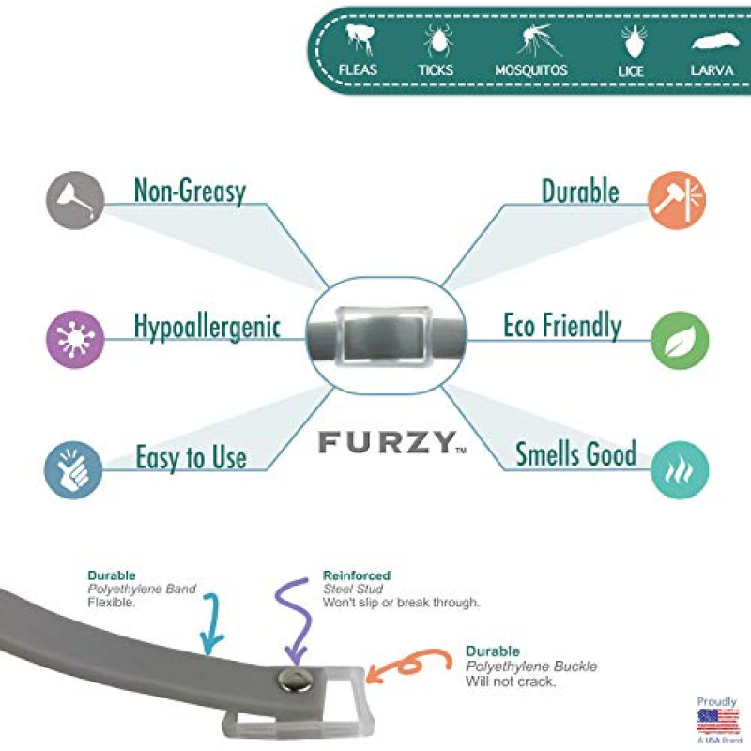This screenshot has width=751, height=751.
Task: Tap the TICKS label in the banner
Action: (x=436, y=70)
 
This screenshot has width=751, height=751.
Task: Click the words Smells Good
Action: (x=575, y=455)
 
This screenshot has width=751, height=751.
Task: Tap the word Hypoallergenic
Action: (x=207, y=328)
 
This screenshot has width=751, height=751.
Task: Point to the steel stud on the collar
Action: (x=294, y=678)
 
